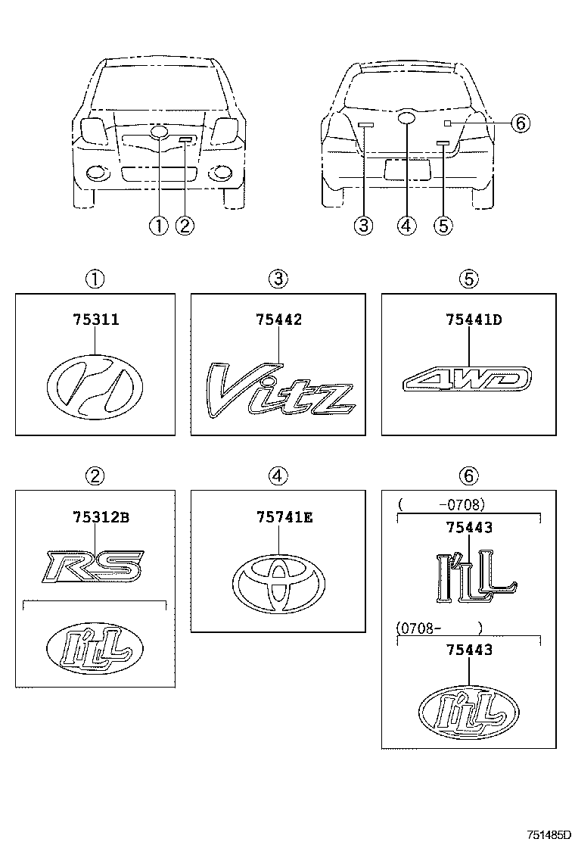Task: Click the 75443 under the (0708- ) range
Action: pyautogui.click(x=468, y=650)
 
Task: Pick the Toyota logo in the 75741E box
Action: pyautogui.click(x=278, y=585)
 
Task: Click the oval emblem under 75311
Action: pyautogui.click(x=95, y=388)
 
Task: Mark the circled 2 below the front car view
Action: pyautogui.click(x=185, y=225)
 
